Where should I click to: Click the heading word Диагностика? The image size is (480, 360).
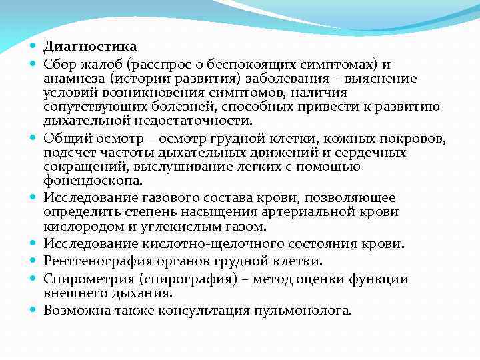click(90, 47)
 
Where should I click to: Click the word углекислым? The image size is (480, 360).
click(177, 227)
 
